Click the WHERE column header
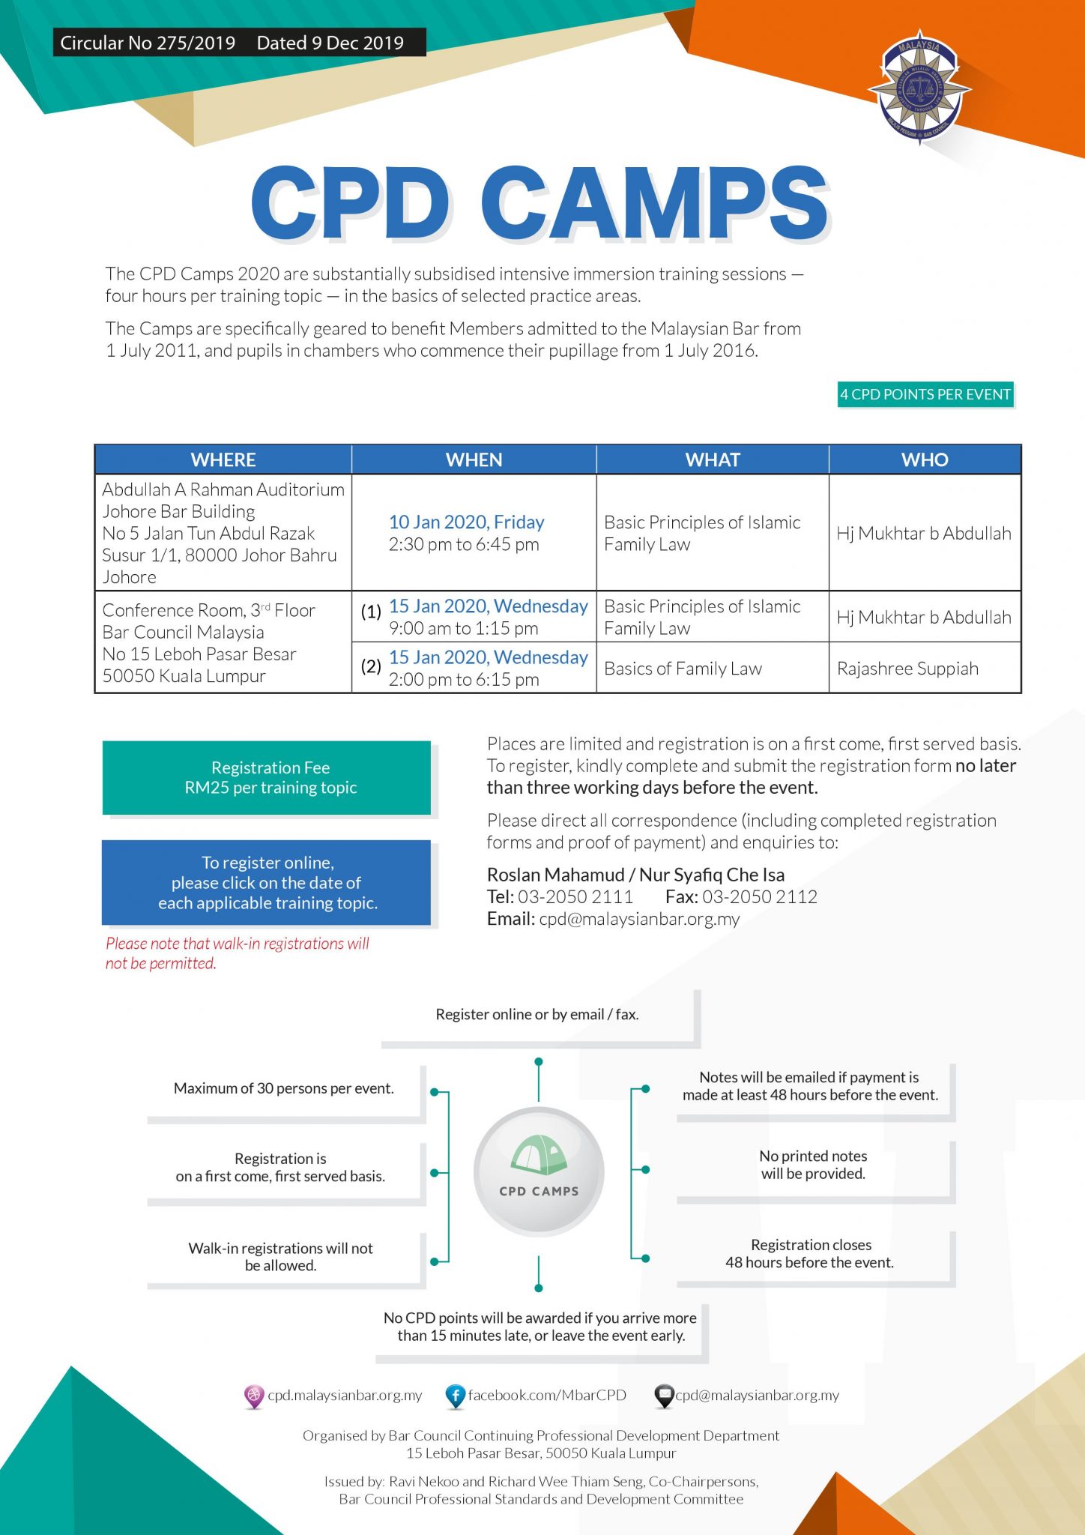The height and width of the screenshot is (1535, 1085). tap(223, 459)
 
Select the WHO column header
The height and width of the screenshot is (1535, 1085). tap(925, 459)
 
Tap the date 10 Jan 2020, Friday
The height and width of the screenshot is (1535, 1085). tap(466, 522)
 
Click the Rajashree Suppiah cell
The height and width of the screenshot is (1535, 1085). tap(907, 669)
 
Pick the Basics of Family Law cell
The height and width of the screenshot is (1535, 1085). tap(683, 669)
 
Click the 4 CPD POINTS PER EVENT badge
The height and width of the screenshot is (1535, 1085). tap(925, 394)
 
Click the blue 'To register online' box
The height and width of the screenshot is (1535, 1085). tap(267, 882)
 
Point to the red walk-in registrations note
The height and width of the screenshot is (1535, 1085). tap(237, 953)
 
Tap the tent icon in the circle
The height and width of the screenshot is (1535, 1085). tap(538, 1155)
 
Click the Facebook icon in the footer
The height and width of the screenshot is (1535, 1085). tap(455, 1396)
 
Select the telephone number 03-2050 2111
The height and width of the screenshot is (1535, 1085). tap(575, 896)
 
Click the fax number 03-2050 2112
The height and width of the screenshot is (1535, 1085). tap(759, 896)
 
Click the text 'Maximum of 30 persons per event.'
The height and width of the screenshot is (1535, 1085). tap(283, 1088)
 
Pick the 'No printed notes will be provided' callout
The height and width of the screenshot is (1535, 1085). tap(813, 1165)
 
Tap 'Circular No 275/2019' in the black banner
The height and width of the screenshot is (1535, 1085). tap(148, 43)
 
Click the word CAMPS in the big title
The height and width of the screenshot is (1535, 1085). tap(654, 203)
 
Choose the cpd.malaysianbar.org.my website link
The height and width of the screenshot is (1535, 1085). tap(345, 1396)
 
